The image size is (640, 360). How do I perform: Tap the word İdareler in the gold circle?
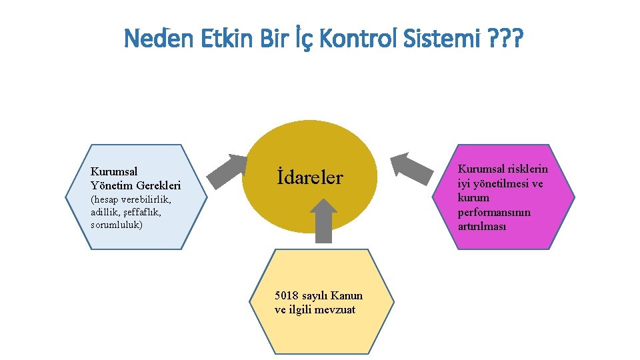click(x=309, y=178)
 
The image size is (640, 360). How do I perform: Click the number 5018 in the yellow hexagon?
click(x=287, y=295)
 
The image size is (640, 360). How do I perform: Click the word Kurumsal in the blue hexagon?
click(x=114, y=171)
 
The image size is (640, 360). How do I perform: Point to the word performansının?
click(x=494, y=212)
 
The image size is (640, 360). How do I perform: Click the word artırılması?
click(x=482, y=226)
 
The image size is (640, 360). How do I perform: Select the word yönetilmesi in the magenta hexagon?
click(x=499, y=183)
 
